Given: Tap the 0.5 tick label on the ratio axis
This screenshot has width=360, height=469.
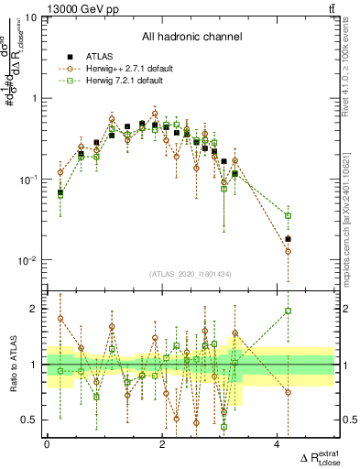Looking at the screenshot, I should pos(32,420).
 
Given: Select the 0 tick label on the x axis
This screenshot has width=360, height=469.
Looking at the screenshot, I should pos(47,443).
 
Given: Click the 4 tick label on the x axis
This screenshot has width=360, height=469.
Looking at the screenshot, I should pos(278,443).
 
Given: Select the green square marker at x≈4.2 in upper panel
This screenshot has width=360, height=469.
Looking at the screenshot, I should pos(289,216).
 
